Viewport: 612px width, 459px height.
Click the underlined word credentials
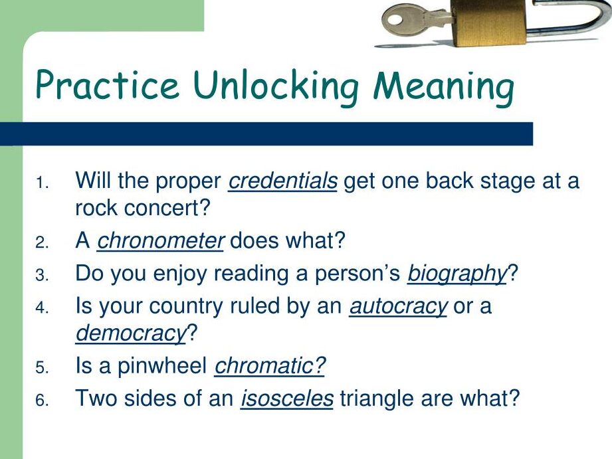[x=282, y=181]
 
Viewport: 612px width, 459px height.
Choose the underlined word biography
[x=457, y=273]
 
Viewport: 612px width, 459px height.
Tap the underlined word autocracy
[x=398, y=306]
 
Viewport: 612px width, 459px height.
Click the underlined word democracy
[x=130, y=333]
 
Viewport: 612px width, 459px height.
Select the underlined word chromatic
[x=270, y=366]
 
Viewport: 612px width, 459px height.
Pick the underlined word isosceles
[x=286, y=398]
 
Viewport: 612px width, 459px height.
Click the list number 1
[x=41, y=183]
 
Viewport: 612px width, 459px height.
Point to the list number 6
[x=41, y=400]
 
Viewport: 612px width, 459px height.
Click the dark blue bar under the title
[x=266, y=134]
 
